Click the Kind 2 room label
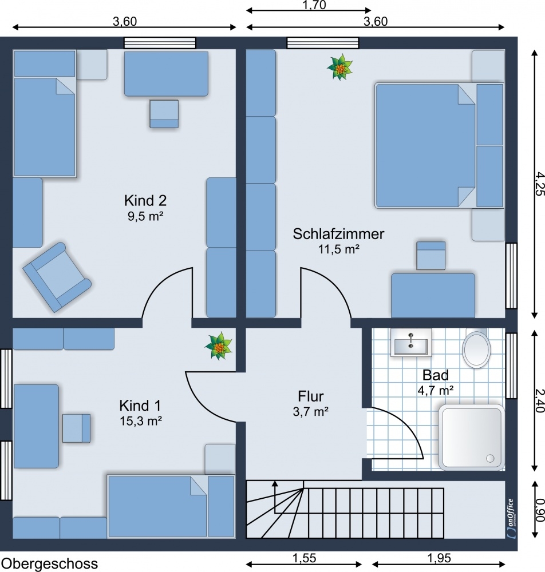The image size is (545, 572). [x=145, y=201]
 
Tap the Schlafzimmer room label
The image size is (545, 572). [x=338, y=234]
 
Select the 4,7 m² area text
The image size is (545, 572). [x=436, y=391]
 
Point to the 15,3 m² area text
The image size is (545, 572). [x=141, y=422]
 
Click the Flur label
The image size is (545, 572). [x=311, y=396]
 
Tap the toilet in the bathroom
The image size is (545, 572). [x=476, y=348]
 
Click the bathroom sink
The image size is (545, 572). [x=411, y=342]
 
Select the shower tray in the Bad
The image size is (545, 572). [x=472, y=437]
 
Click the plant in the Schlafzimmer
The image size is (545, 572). [x=340, y=67]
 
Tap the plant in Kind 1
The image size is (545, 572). [x=218, y=346]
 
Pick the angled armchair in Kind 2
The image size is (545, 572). [x=57, y=277]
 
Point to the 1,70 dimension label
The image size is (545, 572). [x=314, y=5]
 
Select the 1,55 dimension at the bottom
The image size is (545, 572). [x=305, y=558]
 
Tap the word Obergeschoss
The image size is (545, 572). [x=52, y=564]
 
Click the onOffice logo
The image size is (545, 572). [x=511, y=518]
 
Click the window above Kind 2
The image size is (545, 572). [x=160, y=43]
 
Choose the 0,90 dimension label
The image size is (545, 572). [x=539, y=510]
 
